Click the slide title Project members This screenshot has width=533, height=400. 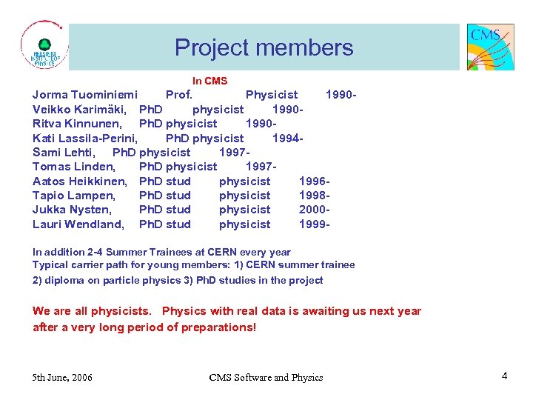coord(264,48)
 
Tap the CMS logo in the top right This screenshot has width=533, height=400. coord(490,47)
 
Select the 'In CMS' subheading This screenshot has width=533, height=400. coord(209,81)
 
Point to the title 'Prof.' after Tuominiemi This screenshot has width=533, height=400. coord(179,95)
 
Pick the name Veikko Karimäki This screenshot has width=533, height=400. coord(80,110)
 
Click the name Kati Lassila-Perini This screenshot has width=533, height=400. coord(85,139)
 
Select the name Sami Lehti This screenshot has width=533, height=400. coord(64,153)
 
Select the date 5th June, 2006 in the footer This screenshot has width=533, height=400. coord(63,378)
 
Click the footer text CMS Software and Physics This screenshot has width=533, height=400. coord(266,378)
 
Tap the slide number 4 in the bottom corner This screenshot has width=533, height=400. coord(504,376)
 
